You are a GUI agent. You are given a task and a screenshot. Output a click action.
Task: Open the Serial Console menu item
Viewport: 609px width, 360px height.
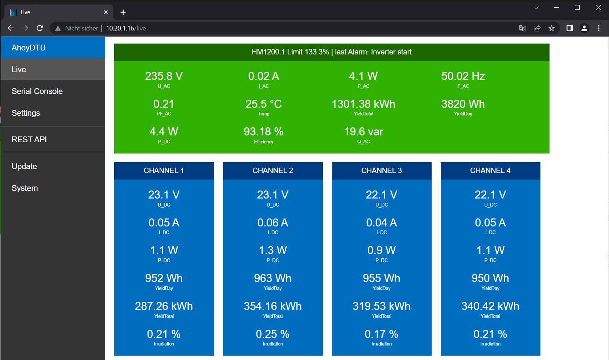click(37, 91)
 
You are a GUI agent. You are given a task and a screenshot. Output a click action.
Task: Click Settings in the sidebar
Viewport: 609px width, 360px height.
click(26, 113)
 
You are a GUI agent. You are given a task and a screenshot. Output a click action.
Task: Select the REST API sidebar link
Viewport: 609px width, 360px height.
click(29, 140)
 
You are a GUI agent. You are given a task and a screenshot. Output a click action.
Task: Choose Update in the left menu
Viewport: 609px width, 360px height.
click(24, 167)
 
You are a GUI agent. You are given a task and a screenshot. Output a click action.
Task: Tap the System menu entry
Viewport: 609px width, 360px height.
click(25, 188)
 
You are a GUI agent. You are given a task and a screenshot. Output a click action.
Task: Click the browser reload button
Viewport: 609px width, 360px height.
click(40, 28)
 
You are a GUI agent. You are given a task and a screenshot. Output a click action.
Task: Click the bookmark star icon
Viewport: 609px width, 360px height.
click(551, 28)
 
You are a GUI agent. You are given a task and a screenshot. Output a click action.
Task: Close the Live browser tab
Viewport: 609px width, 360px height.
click(106, 12)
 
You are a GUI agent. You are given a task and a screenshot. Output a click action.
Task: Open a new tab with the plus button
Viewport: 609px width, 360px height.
click(123, 12)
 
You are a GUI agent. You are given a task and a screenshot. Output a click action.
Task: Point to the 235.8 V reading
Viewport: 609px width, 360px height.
click(164, 76)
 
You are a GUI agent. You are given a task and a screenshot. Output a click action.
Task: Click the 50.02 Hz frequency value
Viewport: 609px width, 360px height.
click(463, 76)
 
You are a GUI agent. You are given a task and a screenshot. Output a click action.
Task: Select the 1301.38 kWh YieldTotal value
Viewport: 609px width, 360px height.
click(363, 104)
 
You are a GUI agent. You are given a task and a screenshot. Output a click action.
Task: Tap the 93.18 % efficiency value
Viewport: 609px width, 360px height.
click(263, 132)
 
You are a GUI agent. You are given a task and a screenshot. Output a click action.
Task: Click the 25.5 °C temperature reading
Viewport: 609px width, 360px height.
click(263, 104)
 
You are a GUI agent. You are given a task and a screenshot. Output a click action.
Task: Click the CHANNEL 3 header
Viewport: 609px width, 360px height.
click(382, 171)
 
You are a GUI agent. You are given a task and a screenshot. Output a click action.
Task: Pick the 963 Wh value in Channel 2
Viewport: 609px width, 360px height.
click(273, 278)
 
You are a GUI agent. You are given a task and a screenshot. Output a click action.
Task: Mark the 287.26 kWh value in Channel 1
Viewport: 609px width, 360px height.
click(164, 306)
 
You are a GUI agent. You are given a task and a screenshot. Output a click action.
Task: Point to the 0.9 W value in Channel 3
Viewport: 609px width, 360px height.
click(382, 250)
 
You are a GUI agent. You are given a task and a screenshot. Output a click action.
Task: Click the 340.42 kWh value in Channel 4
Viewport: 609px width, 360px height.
click(490, 306)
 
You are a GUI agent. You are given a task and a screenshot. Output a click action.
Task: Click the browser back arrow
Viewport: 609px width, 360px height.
click(11, 28)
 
